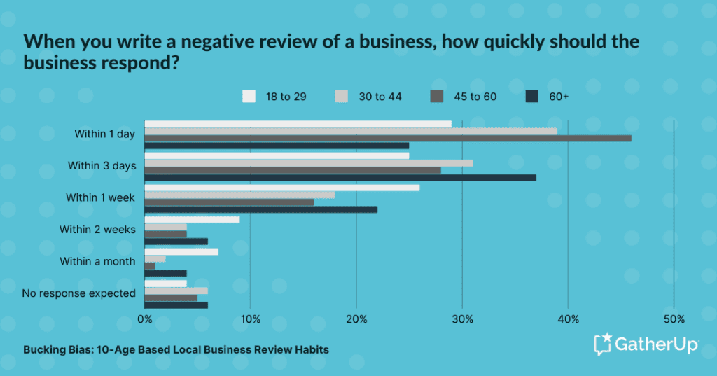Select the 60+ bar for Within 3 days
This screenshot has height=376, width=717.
click(x=340, y=177)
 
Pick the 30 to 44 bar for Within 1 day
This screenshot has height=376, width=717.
click(x=350, y=131)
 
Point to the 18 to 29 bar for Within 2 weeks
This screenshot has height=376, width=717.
click(x=192, y=219)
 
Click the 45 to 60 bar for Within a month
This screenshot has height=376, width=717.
click(x=150, y=266)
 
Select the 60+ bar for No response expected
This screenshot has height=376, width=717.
click(x=176, y=305)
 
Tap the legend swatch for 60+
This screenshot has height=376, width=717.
click(x=531, y=97)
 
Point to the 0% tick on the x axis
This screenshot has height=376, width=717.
click(x=145, y=320)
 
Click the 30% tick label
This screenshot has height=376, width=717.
click(x=462, y=320)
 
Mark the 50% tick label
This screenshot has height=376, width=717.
click(x=674, y=320)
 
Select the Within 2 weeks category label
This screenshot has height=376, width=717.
click(x=97, y=230)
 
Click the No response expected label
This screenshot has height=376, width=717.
click(x=78, y=293)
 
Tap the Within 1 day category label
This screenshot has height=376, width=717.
click(x=104, y=134)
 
